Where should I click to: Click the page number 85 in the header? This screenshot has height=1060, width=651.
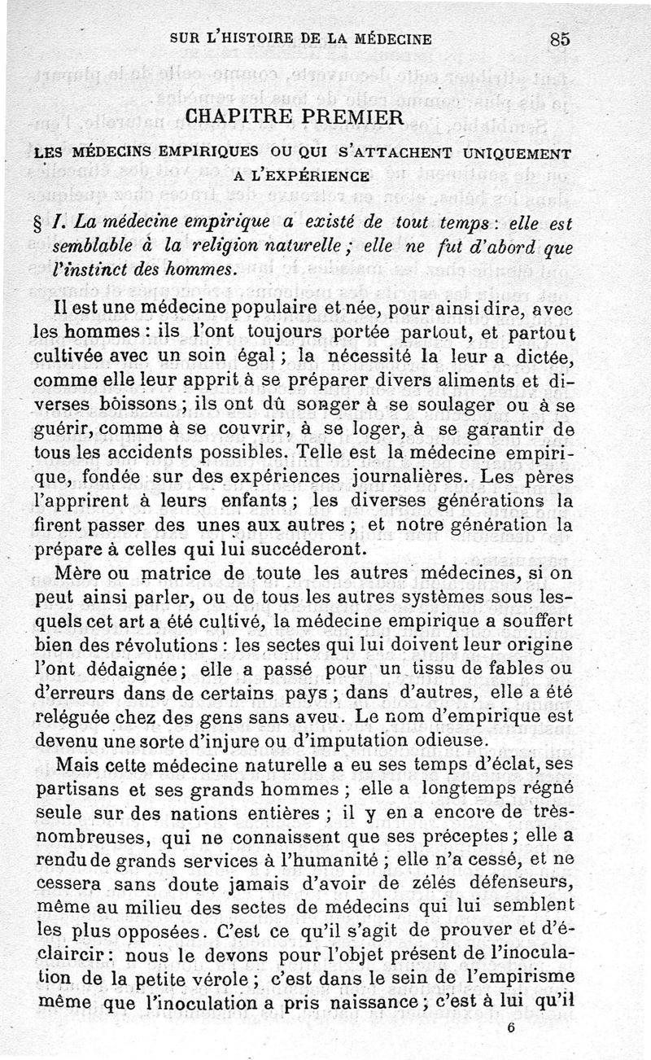[x=559, y=37]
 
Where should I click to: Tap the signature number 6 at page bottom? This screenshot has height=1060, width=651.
[x=509, y=1027]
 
